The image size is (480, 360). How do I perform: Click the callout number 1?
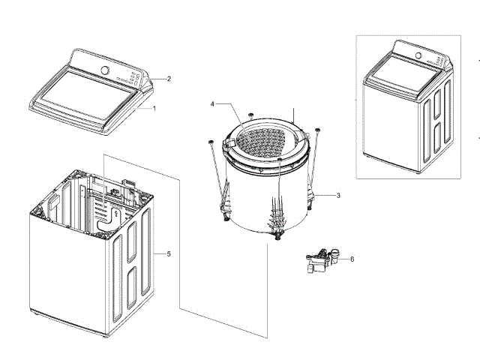[x=154, y=108]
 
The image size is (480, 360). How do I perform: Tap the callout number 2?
[x=169, y=78]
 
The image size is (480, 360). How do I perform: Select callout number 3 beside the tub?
[x=338, y=195]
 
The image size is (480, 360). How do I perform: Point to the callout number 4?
[x=212, y=103]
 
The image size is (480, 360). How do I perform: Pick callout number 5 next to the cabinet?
[x=169, y=254]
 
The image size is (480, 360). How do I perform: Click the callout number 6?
[x=352, y=259]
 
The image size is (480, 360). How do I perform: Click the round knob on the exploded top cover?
[x=105, y=70]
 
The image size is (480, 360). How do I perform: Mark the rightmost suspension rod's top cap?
[x=318, y=130]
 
